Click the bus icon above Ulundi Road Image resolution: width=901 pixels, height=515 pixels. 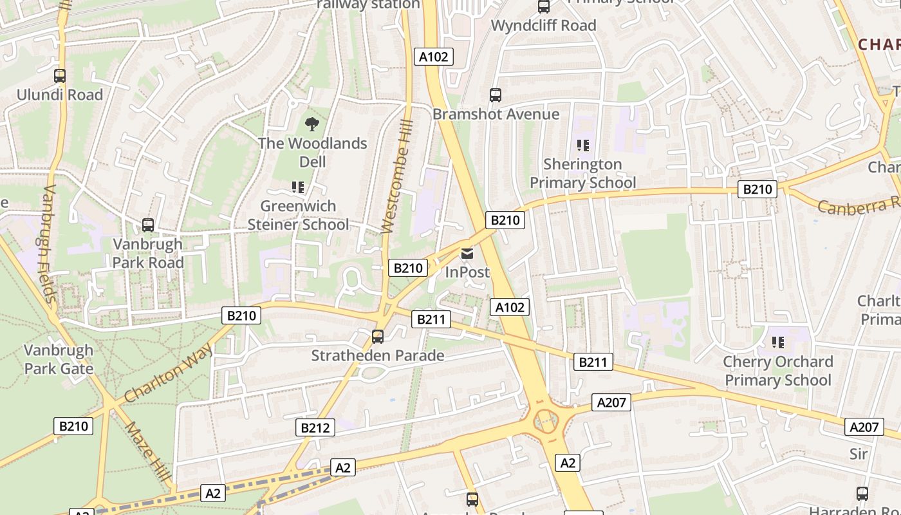click(x=60, y=76)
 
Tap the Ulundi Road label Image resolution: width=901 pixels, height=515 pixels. click(x=60, y=95)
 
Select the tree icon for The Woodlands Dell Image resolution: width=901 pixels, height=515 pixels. click(x=312, y=124)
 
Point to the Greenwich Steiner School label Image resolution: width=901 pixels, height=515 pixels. click(x=299, y=215)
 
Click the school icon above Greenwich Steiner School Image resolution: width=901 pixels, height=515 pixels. click(x=297, y=187)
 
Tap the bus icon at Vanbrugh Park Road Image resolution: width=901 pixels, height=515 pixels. click(x=148, y=225)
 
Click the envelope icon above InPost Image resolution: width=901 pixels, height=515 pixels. click(x=467, y=254)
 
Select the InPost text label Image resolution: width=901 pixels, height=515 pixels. click(x=467, y=272)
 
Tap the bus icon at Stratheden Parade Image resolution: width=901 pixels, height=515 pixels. click(x=378, y=336)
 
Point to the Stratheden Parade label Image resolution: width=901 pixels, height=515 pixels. click(x=378, y=355)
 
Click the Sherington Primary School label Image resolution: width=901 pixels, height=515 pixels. click(x=582, y=173)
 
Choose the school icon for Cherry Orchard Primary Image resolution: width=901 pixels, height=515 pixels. click(x=778, y=342)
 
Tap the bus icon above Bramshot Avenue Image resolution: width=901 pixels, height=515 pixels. click(x=496, y=95)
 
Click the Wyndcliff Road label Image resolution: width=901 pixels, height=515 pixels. click(x=544, y=26)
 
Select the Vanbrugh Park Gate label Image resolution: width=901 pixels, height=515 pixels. click(x=59, y=359)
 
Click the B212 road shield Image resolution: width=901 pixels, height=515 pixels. click(x=315, y=427)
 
